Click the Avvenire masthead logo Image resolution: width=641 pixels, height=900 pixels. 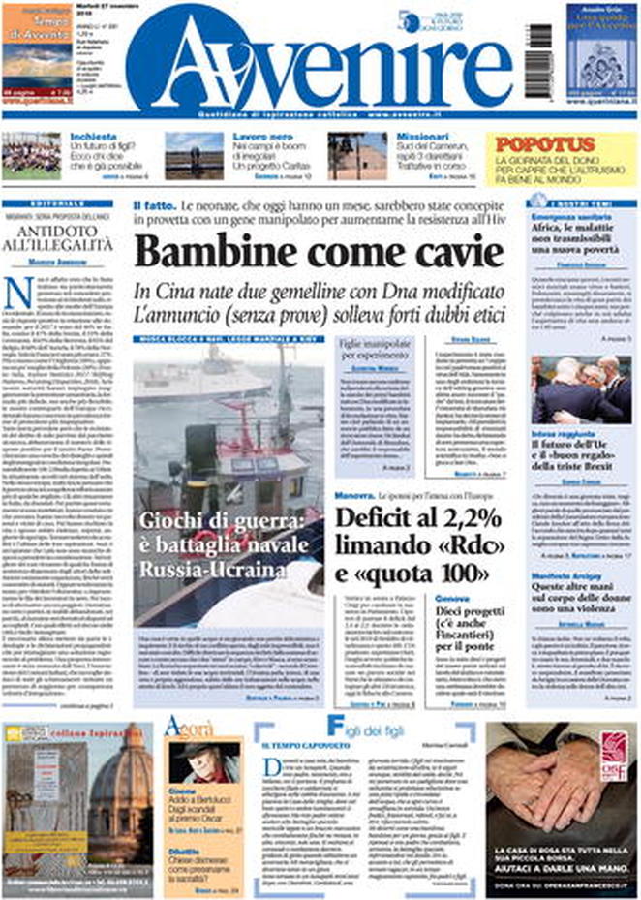[320, 63]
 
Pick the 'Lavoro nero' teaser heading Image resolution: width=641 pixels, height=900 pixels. [235, 137]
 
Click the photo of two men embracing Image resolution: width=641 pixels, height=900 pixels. [580, 388]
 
